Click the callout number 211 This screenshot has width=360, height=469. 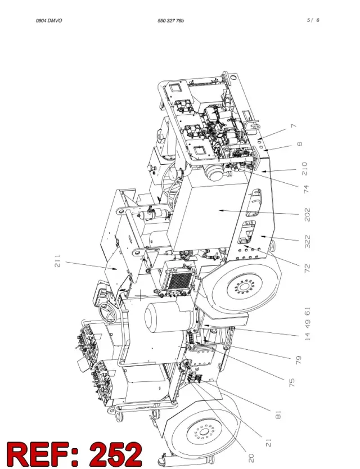[57, 261]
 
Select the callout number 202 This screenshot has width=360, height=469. [307, 214]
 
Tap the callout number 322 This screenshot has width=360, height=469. [307, 242]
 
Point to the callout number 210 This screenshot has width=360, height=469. [304, 169]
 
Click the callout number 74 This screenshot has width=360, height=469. [306, 190]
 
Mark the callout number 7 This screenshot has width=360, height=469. [294, 126]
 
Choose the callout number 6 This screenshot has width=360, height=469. [299, 144]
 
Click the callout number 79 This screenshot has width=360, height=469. [298, 360]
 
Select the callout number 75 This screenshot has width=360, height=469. [292, 382]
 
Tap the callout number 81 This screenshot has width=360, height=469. [278, 415]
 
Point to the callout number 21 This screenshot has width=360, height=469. [268, 443]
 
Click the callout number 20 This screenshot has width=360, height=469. [251, 458]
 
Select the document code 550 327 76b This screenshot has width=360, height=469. [170, 21]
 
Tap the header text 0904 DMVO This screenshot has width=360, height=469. [49, 21]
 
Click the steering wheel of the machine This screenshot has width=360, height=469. [107, 313]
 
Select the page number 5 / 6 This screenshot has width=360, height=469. [313, 20]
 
